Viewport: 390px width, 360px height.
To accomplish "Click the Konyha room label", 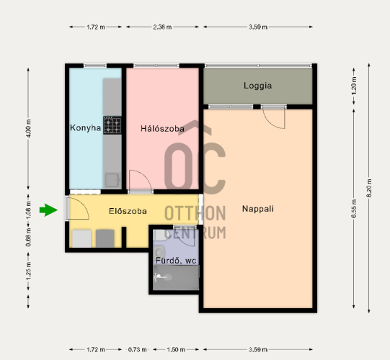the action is [x=85, y=127].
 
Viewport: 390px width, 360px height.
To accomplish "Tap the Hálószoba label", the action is [x=162, y=128].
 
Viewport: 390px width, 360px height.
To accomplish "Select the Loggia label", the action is [x=257, y=86].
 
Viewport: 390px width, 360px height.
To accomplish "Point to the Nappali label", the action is [x=258, y=209].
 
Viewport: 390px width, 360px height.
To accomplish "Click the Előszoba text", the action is [x=128, y=211].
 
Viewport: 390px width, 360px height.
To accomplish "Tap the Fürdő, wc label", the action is [x=176, y=261].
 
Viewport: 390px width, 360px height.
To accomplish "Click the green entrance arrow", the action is [x=48, y=210].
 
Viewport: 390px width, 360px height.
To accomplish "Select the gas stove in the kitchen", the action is [x=112, y=125].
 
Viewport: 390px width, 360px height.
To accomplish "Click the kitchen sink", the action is [x=112, y=180].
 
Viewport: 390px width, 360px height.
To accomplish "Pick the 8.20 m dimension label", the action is [x=369, y=188].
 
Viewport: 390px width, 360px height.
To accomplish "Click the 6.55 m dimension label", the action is [x=354, y=209].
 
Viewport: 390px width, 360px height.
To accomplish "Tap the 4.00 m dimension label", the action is [x=29, y=128].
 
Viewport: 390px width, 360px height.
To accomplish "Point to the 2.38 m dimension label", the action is [x=162, y=27].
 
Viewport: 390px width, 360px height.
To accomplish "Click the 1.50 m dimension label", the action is [x=176, y=350].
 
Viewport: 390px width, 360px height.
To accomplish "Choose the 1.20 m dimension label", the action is [x=354, y=86].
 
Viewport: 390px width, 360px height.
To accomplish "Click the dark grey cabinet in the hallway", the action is [x=105, y=238].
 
